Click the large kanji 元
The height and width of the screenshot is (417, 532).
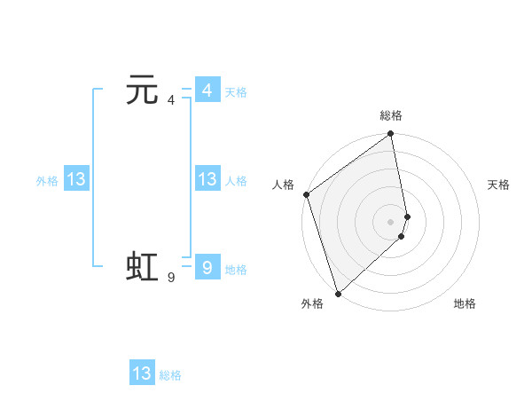(x=142, y=90)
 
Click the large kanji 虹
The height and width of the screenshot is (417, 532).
(x=142, y=267)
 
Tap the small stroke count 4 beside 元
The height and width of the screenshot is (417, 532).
(x=170, y=100)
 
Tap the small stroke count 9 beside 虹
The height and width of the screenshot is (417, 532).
(x=170, y=278)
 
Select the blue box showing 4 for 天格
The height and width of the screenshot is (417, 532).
(x=207, y=90)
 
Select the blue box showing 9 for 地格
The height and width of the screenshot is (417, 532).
(x=207, y=267)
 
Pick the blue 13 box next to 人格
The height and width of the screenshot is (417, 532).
(x=207, y=179)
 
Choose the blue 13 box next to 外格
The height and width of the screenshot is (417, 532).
(x=76, y=179)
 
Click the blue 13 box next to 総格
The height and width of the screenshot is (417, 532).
(x=142, y=374)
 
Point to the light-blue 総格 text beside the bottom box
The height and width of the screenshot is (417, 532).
(x=170, y=375)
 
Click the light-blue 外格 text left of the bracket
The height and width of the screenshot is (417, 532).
(x=47, y=181)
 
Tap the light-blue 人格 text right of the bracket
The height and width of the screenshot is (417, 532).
(x=236, y=181)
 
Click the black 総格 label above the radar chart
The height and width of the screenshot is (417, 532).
(x=391, y=115)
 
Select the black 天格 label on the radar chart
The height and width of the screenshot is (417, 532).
(x=498, y=185)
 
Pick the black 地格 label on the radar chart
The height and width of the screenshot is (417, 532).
(x=465, y=304)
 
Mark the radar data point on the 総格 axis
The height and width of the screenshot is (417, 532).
(x=391, y=135)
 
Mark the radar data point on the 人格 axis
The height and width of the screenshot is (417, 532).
(x=306, y=194)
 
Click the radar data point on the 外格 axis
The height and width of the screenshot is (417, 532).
(x=338, y=293)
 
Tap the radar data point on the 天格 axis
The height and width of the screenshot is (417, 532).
(x=408, y=216)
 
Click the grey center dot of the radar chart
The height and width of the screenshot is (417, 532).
(x=391, y=221)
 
